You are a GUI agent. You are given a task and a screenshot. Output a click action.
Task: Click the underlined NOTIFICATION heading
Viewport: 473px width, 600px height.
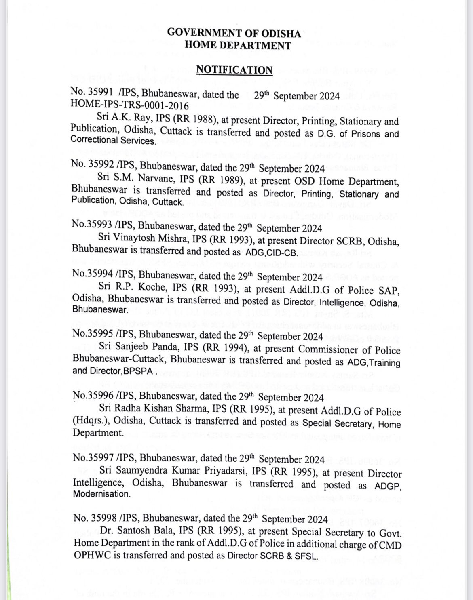234,70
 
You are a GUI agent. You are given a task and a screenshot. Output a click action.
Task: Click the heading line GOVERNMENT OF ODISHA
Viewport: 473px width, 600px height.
234,33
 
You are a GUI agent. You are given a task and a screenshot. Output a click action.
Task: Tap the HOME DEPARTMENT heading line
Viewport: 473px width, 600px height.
238,46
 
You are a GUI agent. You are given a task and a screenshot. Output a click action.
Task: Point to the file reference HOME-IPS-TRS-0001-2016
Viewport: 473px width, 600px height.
129,105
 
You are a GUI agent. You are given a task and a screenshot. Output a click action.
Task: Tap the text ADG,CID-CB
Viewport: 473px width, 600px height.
270,253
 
